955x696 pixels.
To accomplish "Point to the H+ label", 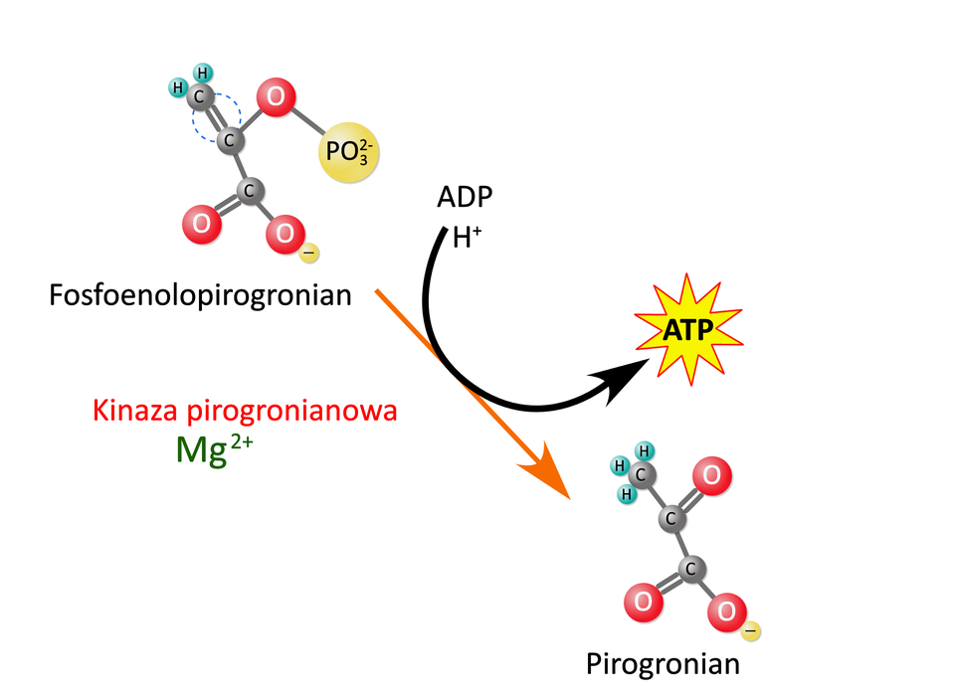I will pyautogui.click(x=467, y=238).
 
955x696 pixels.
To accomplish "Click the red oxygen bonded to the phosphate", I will pyautogui.click(x=275, y=98).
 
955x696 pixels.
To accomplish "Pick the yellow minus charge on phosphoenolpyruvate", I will pyautogui.click(x=308, y=255).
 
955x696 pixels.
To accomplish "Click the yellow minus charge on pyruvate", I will pyautogui.click(x=752, y=629).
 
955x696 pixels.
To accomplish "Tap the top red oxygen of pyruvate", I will pyautogui.click(x=712, y=475).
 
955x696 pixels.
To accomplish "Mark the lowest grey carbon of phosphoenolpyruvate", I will pyautogui.click(x=248, y=190).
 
